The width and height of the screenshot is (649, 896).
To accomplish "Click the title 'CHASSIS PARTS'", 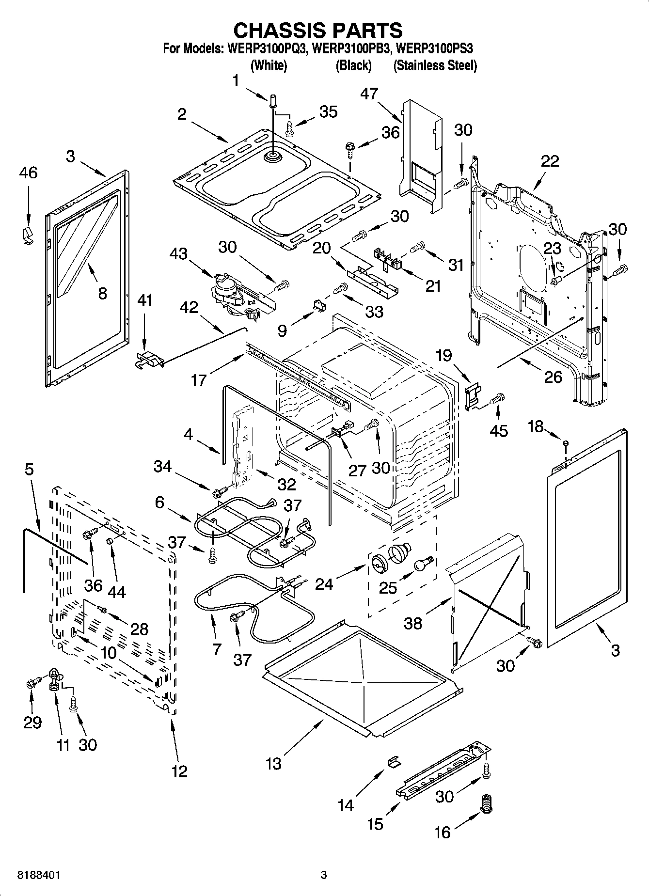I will click(x=318, y=30).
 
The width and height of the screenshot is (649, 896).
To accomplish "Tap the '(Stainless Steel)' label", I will click(x=435, y=66).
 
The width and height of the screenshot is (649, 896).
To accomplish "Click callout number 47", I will click(x=369, y=94).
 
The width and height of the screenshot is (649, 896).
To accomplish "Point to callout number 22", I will click(x=550, y=161).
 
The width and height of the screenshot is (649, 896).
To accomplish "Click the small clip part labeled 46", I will click(x=28, y=235).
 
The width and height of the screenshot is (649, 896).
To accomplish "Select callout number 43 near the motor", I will click(x=178, y=253).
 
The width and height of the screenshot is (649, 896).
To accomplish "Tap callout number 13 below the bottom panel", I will click(x=273, y=764).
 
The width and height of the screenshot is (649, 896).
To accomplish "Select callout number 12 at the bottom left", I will click(x=179, y=770).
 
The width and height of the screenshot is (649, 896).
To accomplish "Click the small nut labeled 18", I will click(x=565, y=442).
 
